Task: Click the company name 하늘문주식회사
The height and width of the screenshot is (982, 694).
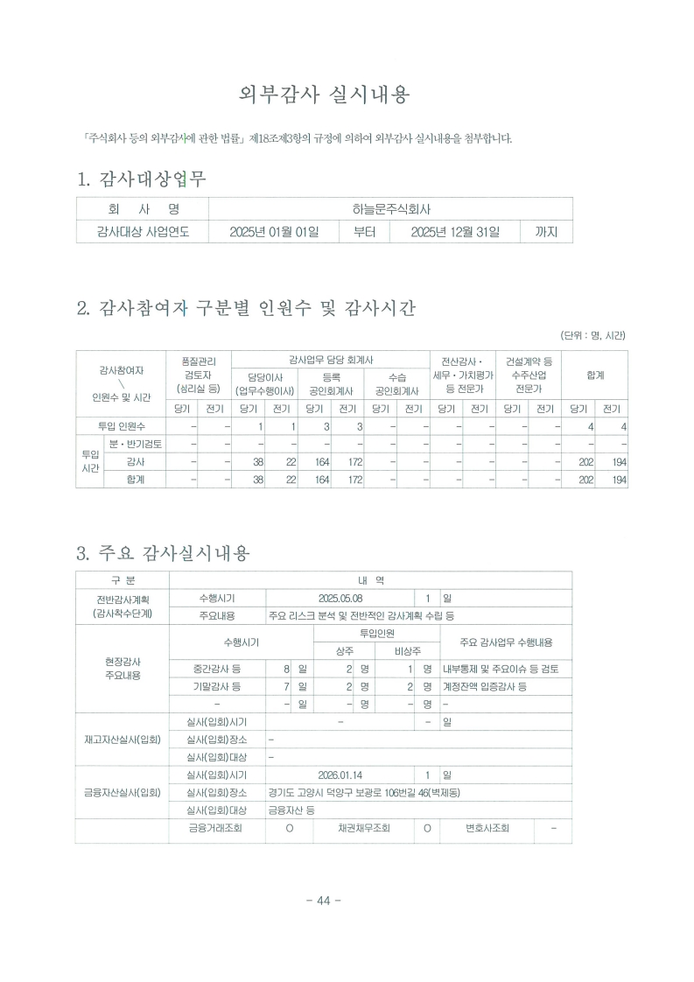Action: point(391,209)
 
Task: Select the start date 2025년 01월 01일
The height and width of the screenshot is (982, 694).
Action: point(274,232)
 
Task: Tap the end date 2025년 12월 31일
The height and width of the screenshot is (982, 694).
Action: point(455,232)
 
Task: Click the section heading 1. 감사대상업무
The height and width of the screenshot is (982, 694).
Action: point(142,180)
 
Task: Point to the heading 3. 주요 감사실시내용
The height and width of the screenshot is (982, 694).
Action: point(164,553)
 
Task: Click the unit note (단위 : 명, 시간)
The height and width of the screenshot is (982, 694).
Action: point(593,335)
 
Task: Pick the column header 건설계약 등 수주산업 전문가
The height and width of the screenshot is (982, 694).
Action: point(528,374)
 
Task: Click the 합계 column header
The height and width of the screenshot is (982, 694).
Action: point(595,375)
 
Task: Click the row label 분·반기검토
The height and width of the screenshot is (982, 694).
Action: point(135,444)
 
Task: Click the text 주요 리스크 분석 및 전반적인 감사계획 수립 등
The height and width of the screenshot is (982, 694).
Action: point(367,616)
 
